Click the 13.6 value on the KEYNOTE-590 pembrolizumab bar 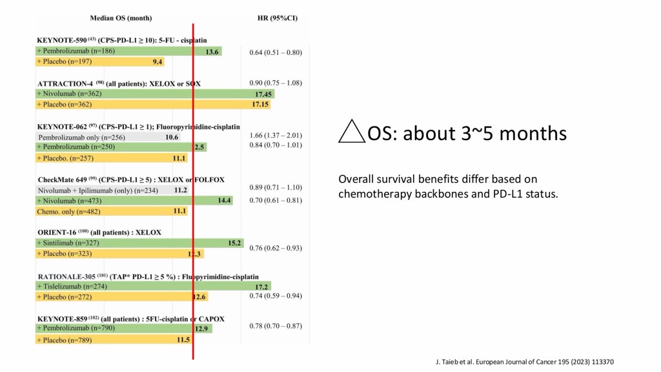(212, 52)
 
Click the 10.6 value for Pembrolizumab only (172, 137)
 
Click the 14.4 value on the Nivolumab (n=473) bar (225, 201)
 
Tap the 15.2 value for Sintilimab (235, 243)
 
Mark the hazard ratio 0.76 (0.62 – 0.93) (276, 248)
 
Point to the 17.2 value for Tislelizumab (261, 286)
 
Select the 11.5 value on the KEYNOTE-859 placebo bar (183, 339)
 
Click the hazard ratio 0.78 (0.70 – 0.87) (276, 325)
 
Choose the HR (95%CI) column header (278, 18)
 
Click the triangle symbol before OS (351, 133)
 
